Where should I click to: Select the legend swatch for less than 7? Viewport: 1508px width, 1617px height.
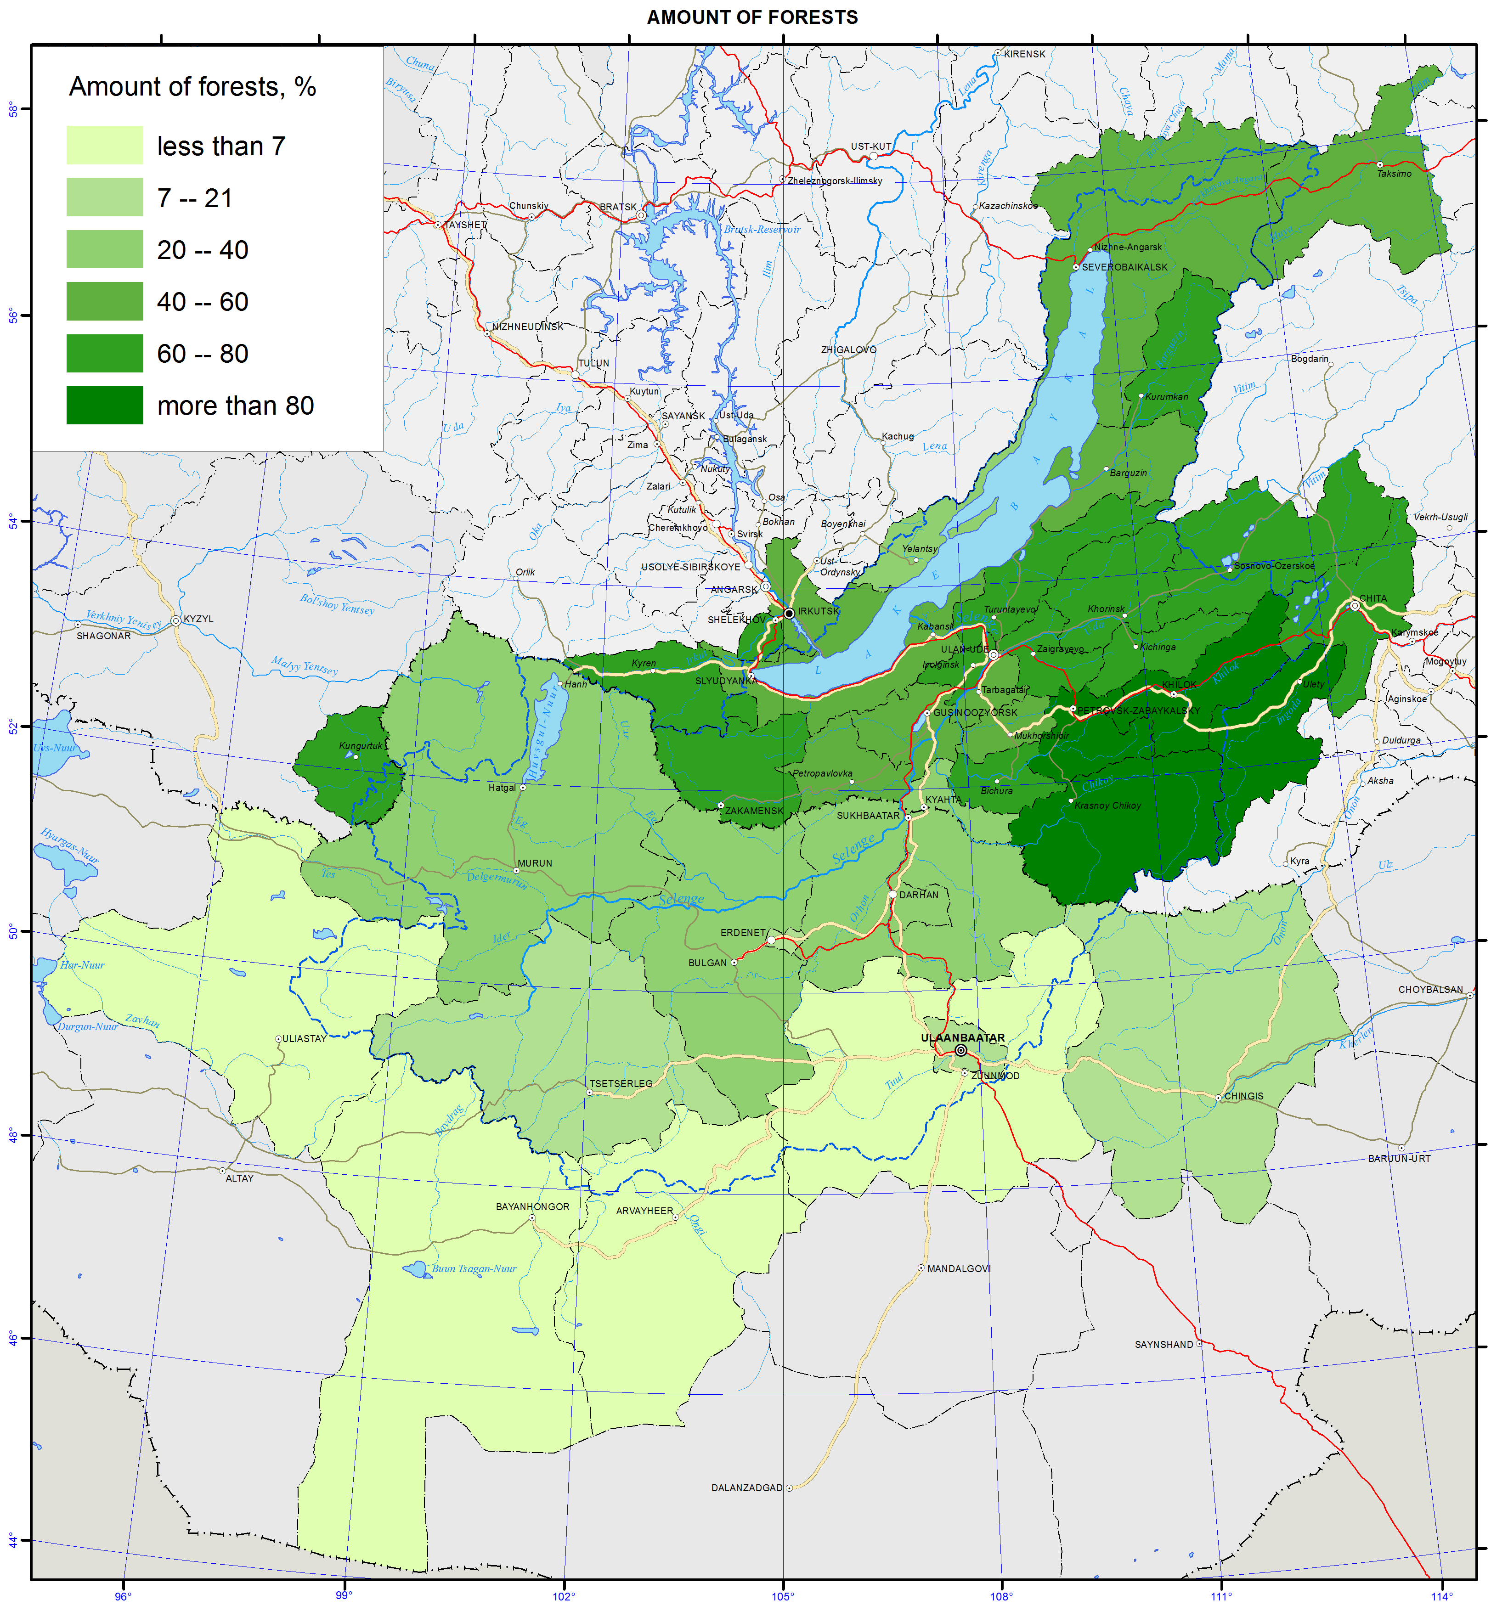(x=104, y=145)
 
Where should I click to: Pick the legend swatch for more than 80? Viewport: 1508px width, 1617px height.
(x=104, y=405)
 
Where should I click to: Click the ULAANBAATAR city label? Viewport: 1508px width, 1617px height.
(x=962, y=1038)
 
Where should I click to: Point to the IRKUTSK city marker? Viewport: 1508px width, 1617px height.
(x=788, y=613)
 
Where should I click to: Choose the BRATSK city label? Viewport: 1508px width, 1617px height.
(x=618, y=207)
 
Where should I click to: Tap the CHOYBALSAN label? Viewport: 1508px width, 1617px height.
(x=1430, y=990)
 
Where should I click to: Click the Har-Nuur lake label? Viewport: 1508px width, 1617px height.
(x=82, y=965)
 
